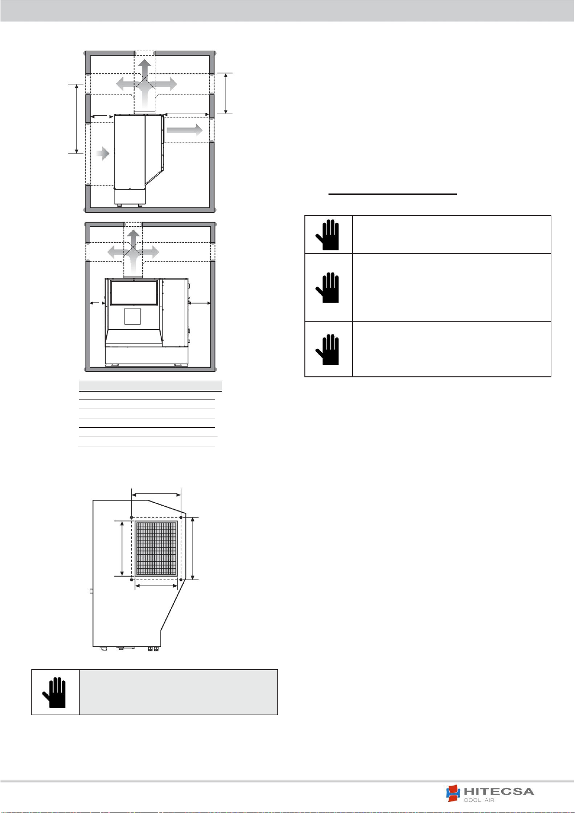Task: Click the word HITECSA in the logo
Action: (x=498, y=791)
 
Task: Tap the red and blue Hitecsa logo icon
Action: (x=453, y=793)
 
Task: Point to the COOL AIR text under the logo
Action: (x=479, y=800)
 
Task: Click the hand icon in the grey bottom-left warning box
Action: (x=55, y=692)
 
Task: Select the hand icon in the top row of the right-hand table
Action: (x=327, y=234)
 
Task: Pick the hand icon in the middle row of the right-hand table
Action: (x=327, y=287)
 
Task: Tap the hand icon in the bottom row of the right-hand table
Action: (x=327, y=349)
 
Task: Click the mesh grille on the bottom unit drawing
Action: (x=156, y=549)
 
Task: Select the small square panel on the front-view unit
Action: (x=132, y=316)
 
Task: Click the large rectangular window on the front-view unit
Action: (x=134, y=292)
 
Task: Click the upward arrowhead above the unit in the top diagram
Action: (x=145, y=68)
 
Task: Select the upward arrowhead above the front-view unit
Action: (x=134, y=236)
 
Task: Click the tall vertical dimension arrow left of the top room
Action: (x=77, y=119)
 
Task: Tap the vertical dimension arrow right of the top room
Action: (x=226, y=93)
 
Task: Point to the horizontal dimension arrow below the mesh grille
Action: (x=156, y=585)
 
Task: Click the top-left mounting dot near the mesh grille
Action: (x=131, y=517)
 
